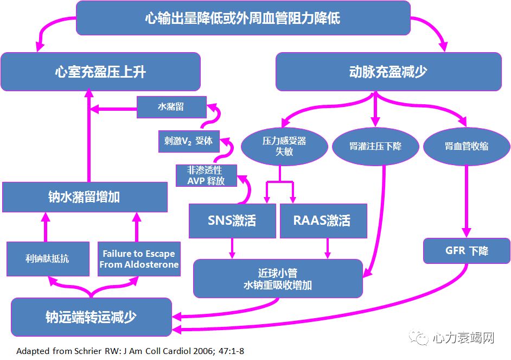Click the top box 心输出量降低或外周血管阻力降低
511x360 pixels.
pyautogui.click(x=242, y=18)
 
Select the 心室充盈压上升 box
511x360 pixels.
pyautogui.click(x=100, y=72)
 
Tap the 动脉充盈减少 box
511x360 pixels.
pyautogui.click(x=388, y=72)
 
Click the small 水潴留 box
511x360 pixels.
pyautogui.click(x=171, y=107)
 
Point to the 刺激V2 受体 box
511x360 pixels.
pyautogui.click(x=188, y=141)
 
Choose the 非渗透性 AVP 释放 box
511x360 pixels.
pyautogui.click(x=206, y=175)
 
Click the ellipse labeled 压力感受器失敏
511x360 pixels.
pyautogui.click(x=284, y=146)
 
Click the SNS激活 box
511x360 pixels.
pyautogui.click(x=232, y=220)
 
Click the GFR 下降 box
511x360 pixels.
pyautogui.click(x=466, y=251)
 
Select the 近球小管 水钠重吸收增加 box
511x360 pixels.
pyautogui.click(x=278, y=279)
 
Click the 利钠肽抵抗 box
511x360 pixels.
pyautogui.click(x=47, y=258)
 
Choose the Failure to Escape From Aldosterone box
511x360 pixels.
pyautogui.click(x=139, y=258)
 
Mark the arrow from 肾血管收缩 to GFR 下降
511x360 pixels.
pyautogui.click(x=466, y=201)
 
